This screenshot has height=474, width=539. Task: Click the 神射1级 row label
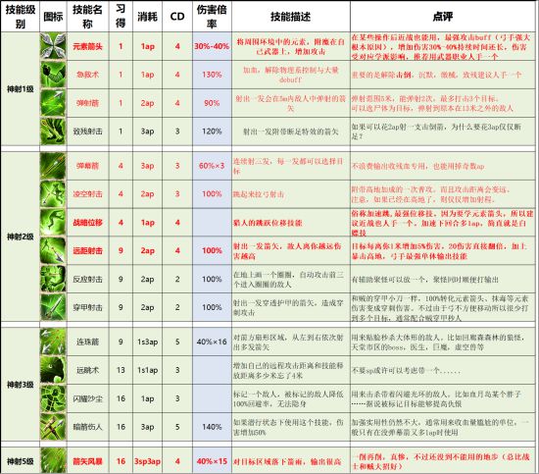[x=19, y=87]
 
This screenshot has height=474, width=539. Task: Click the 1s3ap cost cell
[x=147, y=342]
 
